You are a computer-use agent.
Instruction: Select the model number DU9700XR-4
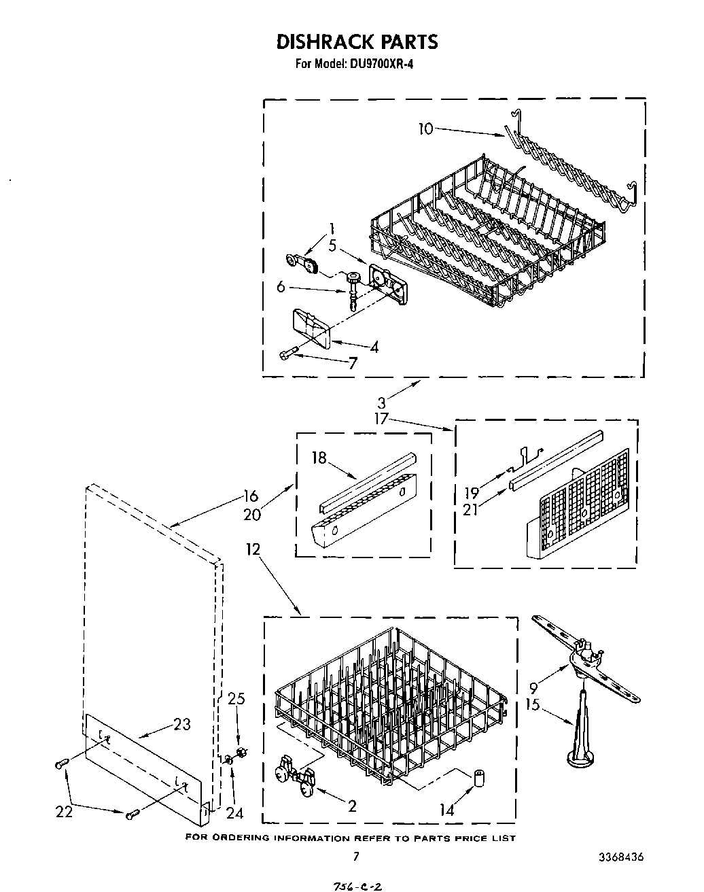coord(382,65)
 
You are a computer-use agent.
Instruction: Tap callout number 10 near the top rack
coord(425,128)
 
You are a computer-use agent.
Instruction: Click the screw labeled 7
coord(287,354)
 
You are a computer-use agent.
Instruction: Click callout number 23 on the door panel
coord(182,724)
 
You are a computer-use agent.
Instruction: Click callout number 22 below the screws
coord(64,812)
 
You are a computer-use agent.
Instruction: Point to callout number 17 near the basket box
coord(381,419)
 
